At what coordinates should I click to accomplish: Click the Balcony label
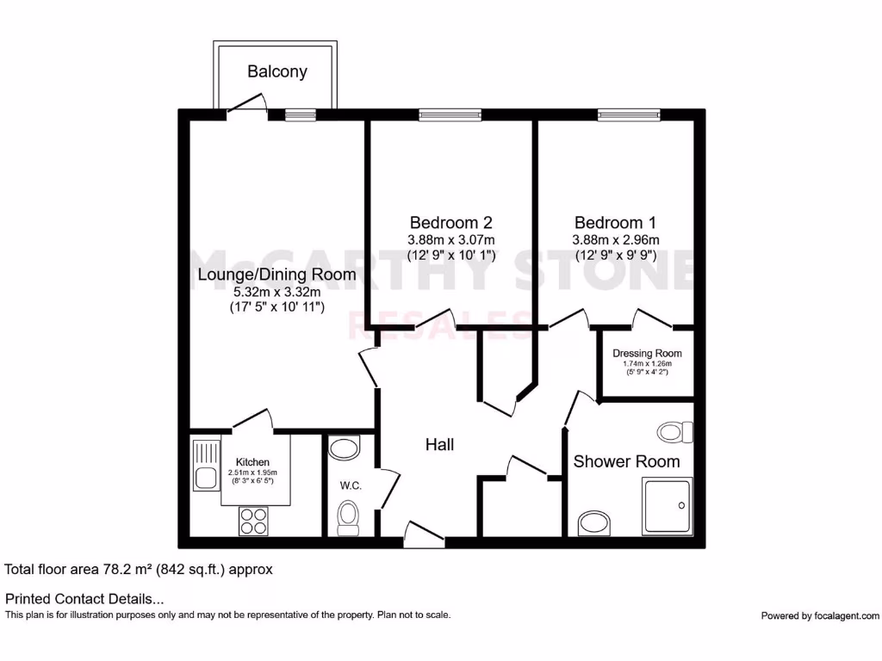pos(276,71)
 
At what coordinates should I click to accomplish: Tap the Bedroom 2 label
pos(450,223)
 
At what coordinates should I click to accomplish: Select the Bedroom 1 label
pos(616,223)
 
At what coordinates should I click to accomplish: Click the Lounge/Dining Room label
pos(276,275)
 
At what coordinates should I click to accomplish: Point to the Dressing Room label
pos(647,353)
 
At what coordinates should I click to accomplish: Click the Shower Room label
pos(626,461)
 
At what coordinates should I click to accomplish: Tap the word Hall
pos(439,445)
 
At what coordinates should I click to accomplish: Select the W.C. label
pos(350,485)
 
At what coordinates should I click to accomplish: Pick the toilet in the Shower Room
pos(674,430)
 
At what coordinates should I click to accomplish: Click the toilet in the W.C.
pos(349,518)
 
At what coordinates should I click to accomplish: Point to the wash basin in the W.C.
pos(345,448)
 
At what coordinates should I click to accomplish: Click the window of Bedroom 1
pos(629,114)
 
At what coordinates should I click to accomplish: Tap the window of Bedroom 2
pos(450,114)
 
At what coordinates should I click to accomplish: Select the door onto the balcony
pos(247,108)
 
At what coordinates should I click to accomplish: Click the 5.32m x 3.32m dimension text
pos(276,293)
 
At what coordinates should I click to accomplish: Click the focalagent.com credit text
pos(820,615)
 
